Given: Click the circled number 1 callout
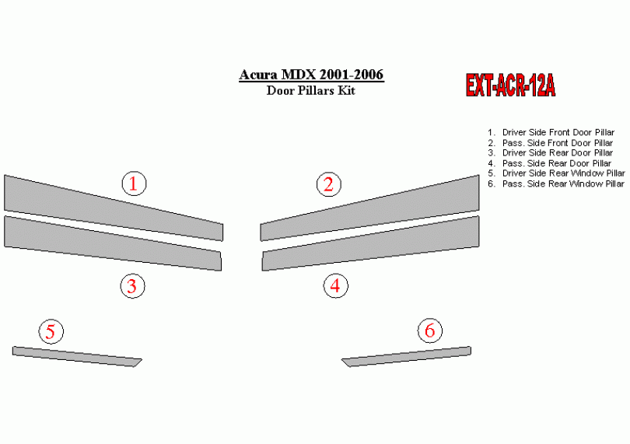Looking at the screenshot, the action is (x=135, y=184).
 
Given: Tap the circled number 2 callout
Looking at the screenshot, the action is (x=329, y=184).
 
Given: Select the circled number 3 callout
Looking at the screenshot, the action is (x=132, y=285).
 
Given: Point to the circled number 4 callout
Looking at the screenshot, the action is (x=335, y=285).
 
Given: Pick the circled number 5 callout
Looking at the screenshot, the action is (x=51, y=331).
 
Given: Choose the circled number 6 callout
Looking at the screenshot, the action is (x=430, y=330).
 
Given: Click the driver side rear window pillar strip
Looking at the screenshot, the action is (x=76, y=356).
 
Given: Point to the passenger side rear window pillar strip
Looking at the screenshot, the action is (x=407, y=356).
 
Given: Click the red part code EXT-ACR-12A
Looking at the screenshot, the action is (x=510, y=86).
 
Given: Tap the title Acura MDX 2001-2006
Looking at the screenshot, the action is (x=311, y=75).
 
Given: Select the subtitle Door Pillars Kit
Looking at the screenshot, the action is (x=310, y=90).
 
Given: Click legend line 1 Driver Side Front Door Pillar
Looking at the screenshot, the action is (x=551, y=132).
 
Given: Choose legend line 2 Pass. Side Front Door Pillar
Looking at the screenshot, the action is (x=550, y=142).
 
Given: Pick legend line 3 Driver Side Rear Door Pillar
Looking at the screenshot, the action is (x=550, y=152).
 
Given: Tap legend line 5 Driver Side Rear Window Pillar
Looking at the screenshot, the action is (x=556, y=173).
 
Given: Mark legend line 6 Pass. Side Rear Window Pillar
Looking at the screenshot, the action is (x=555, y=184).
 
